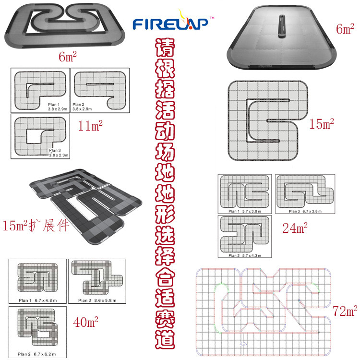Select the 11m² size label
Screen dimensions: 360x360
[x=91, y=127]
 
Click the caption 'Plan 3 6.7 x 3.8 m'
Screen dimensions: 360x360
[x=304, y=211]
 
